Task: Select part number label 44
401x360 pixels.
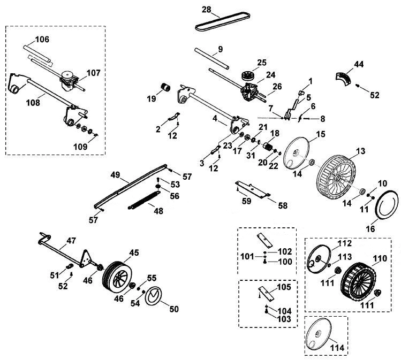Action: pyautogui.click(x=359, y=64)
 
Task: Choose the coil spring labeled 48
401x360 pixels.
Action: pyautogui.click(x=144, y=200)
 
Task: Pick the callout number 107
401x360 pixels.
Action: pyautogui.click(x=93, y=73)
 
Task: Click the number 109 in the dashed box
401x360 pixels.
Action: pyautogui.click(x=80, y=147)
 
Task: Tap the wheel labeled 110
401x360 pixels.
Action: pyautogui.click(x=359, y=281)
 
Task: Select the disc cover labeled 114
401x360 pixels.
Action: pyautogui.click(x=319, y=335)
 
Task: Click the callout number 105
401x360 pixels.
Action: pyautogui.click(x=284, y=287)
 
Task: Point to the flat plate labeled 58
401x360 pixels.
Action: pyautogui.click(x=253, y=189)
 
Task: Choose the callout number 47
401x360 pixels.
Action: pyautogui.click(x=71, y=241)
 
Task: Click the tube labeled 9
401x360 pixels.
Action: pyautogui.click(x=212, y=58)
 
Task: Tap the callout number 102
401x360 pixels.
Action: pyautogui.click(x=285, y=251)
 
